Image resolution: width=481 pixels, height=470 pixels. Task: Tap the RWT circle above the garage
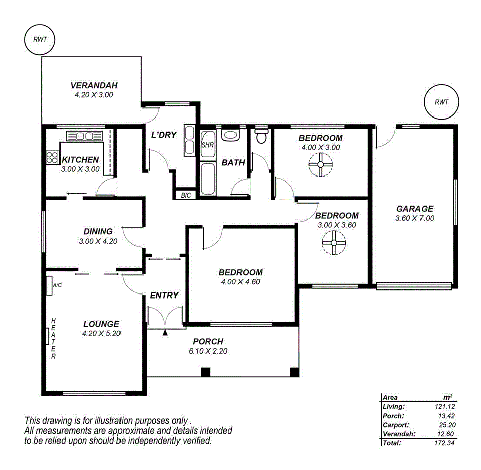coord(441,102)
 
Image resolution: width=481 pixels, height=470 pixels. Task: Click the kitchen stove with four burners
coord(52,157)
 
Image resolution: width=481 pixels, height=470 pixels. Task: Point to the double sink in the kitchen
coord(84,136)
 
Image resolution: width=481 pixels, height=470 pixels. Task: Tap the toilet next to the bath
coord(261,136)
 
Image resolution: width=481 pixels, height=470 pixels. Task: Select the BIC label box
coord(186,195)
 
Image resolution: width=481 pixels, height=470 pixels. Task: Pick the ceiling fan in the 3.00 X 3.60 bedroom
coord(332,243)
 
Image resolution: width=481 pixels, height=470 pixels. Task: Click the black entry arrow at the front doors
coord(165,332)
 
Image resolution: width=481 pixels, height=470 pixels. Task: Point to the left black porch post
coord(205,372)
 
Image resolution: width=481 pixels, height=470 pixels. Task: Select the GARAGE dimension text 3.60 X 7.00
coord(415,218)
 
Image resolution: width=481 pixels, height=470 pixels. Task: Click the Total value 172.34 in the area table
coord(442,443)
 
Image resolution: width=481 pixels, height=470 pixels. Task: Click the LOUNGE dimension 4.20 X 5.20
coord(101,333)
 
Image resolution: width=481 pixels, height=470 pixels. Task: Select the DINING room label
coord(98,232)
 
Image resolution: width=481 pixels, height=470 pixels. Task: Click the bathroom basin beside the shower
coord(231,136)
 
